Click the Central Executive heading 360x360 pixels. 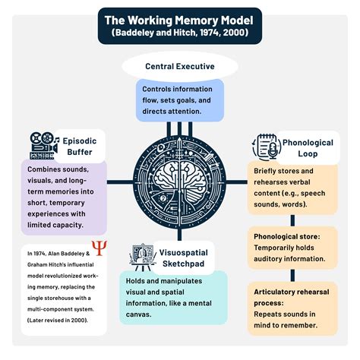(x=180, y=67)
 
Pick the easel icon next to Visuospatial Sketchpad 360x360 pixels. (x=142, y=256)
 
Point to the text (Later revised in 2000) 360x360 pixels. (x=61, y=321)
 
